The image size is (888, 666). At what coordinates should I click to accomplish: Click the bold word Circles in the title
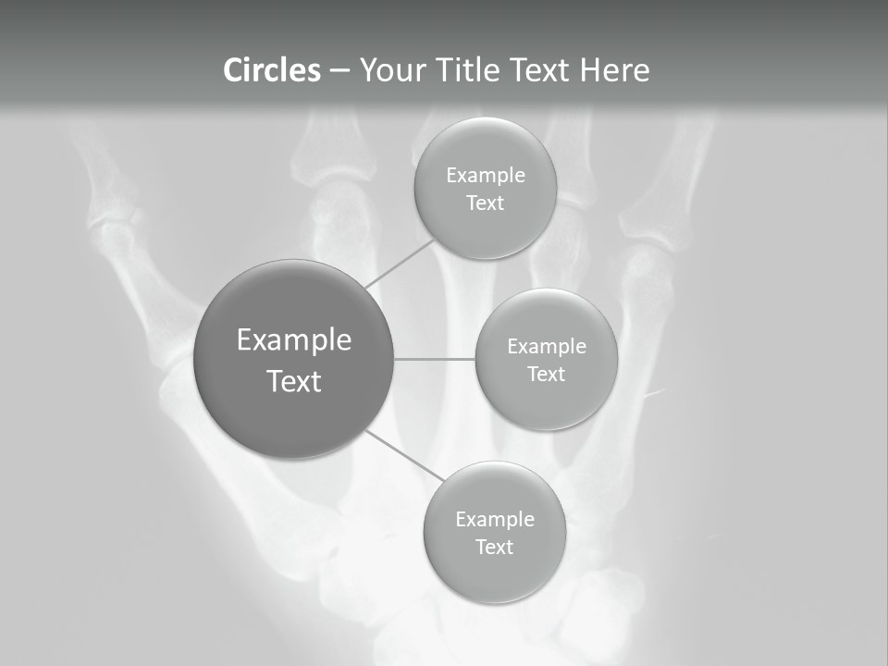pyautogui.click(x=272, y=70)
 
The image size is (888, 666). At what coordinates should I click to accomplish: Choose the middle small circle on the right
pyautogui.click(x=546, y=398)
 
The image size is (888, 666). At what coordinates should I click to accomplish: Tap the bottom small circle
pyautogui.click(x=494, y=573)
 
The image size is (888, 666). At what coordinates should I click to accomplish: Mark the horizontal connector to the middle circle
pyautogui.click(x=435, y=359)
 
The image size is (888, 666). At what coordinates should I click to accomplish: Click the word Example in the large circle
pyautogui.click(x=294, y=340)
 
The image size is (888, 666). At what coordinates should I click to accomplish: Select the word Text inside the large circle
pyautogui.click(x=294, y=381)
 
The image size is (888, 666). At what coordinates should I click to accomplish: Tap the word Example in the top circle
pyautogui.click(x=486, y=176)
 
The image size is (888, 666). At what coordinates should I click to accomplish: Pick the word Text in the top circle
pyautogui.click(x=485, y=203)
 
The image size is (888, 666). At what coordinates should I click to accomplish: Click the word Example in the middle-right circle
pyautogui.click(x=547, y=347)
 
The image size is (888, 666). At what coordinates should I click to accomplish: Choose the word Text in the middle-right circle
pyautogui.click(x=546, y=374)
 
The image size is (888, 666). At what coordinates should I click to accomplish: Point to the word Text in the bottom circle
pyautogui.click(x=494, y=547)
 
